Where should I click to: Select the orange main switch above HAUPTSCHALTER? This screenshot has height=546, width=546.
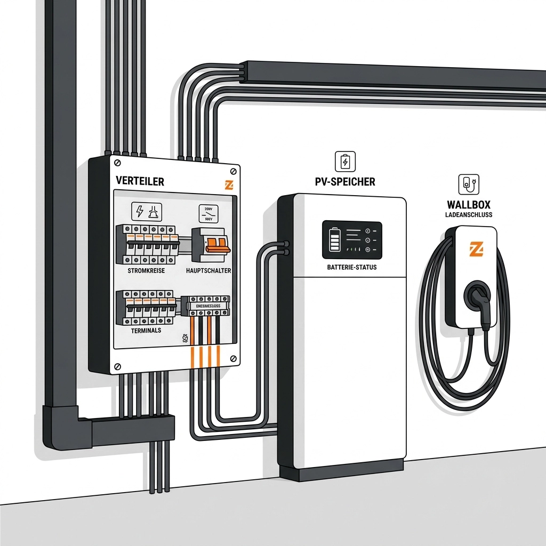(216, 244)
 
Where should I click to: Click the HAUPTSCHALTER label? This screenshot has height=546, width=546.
(208, 271)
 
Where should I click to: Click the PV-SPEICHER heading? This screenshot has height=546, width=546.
(345, 182)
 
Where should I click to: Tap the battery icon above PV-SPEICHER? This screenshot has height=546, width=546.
(345, 160)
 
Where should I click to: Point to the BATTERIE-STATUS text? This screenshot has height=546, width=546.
(352, 267)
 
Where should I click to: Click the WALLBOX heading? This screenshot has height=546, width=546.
(469, 205)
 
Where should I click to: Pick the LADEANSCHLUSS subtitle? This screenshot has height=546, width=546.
(469, 215)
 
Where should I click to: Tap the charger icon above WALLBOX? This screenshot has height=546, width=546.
(469, 184)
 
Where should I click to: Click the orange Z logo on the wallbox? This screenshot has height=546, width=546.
(477, 248)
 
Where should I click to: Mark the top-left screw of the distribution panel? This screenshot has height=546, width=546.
(117, 162)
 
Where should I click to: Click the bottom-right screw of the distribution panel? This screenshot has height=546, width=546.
(233, 358)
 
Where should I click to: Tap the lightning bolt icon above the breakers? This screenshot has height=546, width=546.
(140, 212)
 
